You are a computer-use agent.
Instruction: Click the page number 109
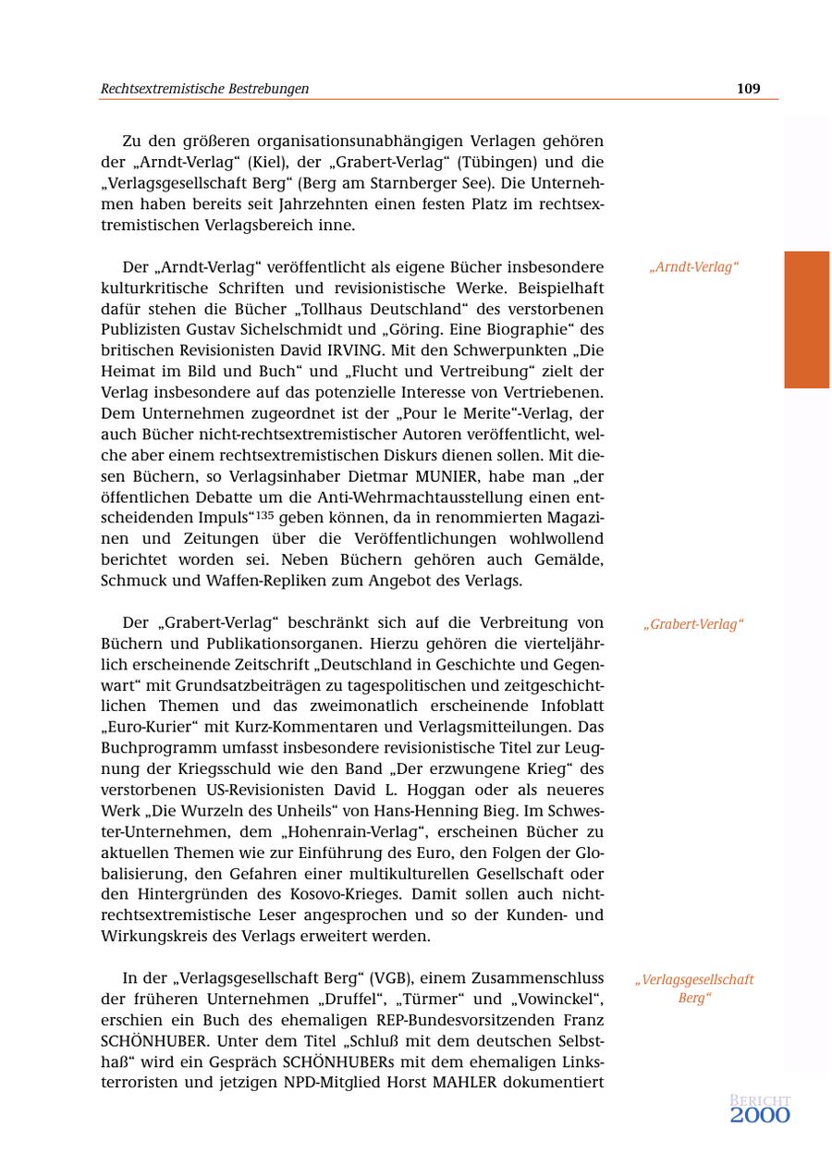pyautogui.click(x=748, y=89)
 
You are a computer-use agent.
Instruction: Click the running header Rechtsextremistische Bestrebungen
pyautogui.click(x=204, y=89)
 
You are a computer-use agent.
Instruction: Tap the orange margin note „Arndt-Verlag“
pyautogui.click(x=693, y=268)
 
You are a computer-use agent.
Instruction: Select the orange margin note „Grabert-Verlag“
pyautogui.click(x=693, y=624)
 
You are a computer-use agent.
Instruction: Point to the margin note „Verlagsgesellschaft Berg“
pyautogui.click(x=693, y=988)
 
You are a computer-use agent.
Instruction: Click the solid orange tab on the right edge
pyautogui.click(x=806, y=319)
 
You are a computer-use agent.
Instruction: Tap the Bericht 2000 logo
pyautogui.click(x=760, y=1109)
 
